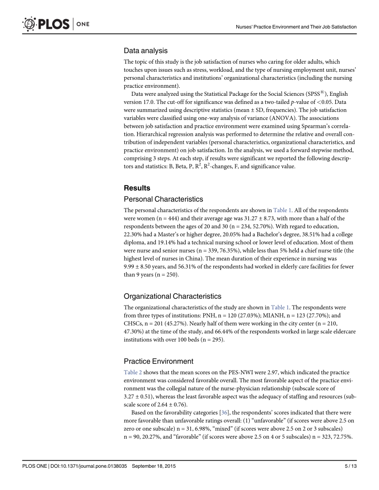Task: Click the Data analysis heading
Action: click(145, 51)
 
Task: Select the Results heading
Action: click(137, 188)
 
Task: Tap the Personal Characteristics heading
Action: click(163, 199)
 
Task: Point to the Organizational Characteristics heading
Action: click(172, 296)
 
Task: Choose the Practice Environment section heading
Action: click(158, 361)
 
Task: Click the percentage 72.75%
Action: click(342, 437)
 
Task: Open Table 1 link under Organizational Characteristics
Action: click(280, 307)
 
